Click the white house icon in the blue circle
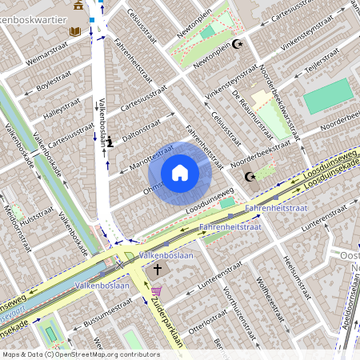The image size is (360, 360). [x=180, y=172]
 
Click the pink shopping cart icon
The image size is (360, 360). [x=157, y=291]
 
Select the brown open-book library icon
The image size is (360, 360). [x=76, y=31]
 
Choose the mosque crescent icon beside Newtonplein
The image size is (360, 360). [x=236, y=44]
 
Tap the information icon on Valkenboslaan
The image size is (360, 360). [x=110, y=142]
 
